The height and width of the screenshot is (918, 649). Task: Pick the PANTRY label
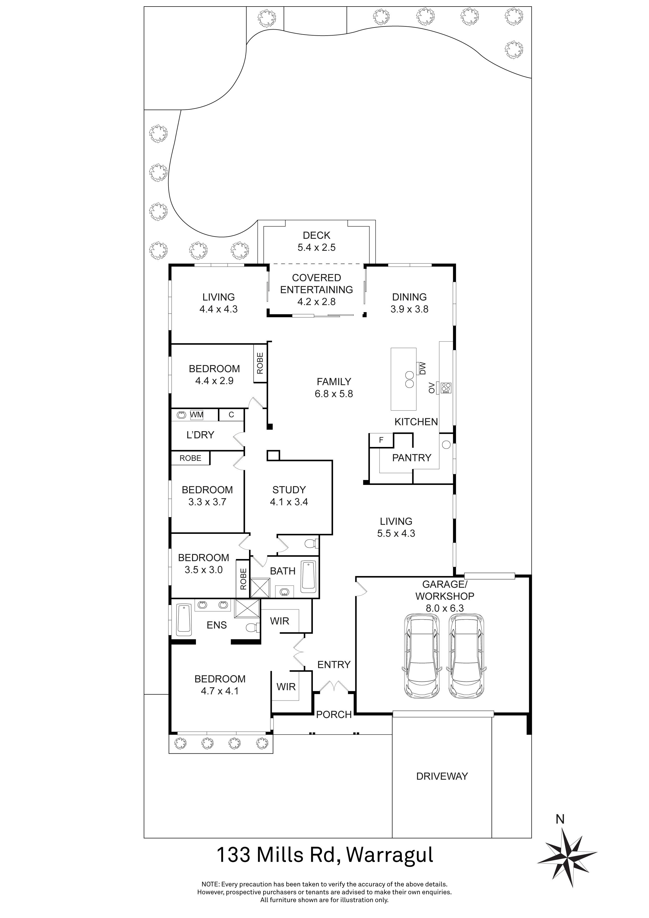(x=412, y=457)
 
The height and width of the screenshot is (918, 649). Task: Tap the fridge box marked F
(x=381, y=440)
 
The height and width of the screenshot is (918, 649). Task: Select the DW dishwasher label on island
(x=422, y=368)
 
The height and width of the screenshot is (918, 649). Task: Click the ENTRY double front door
(x=334, y=686)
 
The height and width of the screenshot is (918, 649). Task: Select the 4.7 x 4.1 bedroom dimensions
(x=219, y=691)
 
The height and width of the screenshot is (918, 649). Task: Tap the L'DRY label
(x=200, y=435)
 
